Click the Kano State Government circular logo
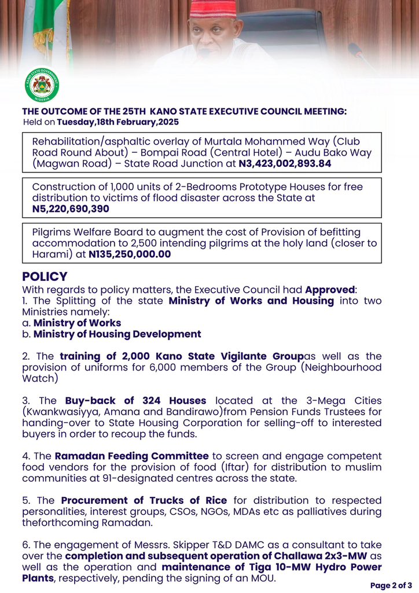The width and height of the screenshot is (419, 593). [42, 86]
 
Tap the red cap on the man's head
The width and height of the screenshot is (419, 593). [213, 9]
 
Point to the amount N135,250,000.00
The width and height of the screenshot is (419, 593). [130, 254]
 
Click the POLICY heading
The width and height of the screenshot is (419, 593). [45, 277]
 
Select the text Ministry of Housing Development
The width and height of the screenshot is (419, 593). [117, 334]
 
